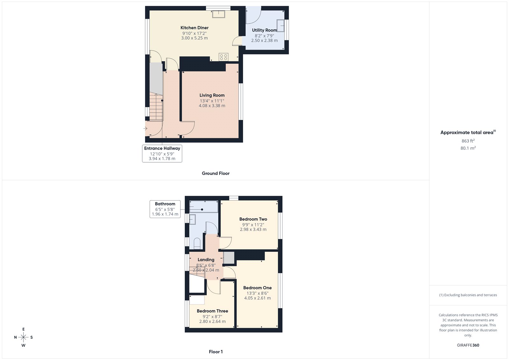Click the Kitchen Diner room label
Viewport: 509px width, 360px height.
point(194,28)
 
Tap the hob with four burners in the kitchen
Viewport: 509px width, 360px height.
point(223,57)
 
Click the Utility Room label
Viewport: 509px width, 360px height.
point(264,30)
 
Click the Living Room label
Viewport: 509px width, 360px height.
point(212,95)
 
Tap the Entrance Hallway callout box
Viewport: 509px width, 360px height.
point(162,153)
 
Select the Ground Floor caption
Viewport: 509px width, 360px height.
point(215,173)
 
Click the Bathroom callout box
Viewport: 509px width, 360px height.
point(165,209)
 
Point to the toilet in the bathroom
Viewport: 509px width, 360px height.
point(197,244)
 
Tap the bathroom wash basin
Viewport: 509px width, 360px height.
point(192,219)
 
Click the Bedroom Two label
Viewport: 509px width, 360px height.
point(253,219)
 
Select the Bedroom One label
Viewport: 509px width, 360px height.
point(257,288)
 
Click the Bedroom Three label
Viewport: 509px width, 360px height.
point(212,311)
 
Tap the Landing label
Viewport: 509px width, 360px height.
point(206,260)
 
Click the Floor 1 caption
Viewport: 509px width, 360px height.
point(216,352)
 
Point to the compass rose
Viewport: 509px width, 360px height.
point(23,337)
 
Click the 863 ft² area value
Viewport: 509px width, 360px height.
point(468,141)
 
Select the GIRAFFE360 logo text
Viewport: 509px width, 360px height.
point(468,345)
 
